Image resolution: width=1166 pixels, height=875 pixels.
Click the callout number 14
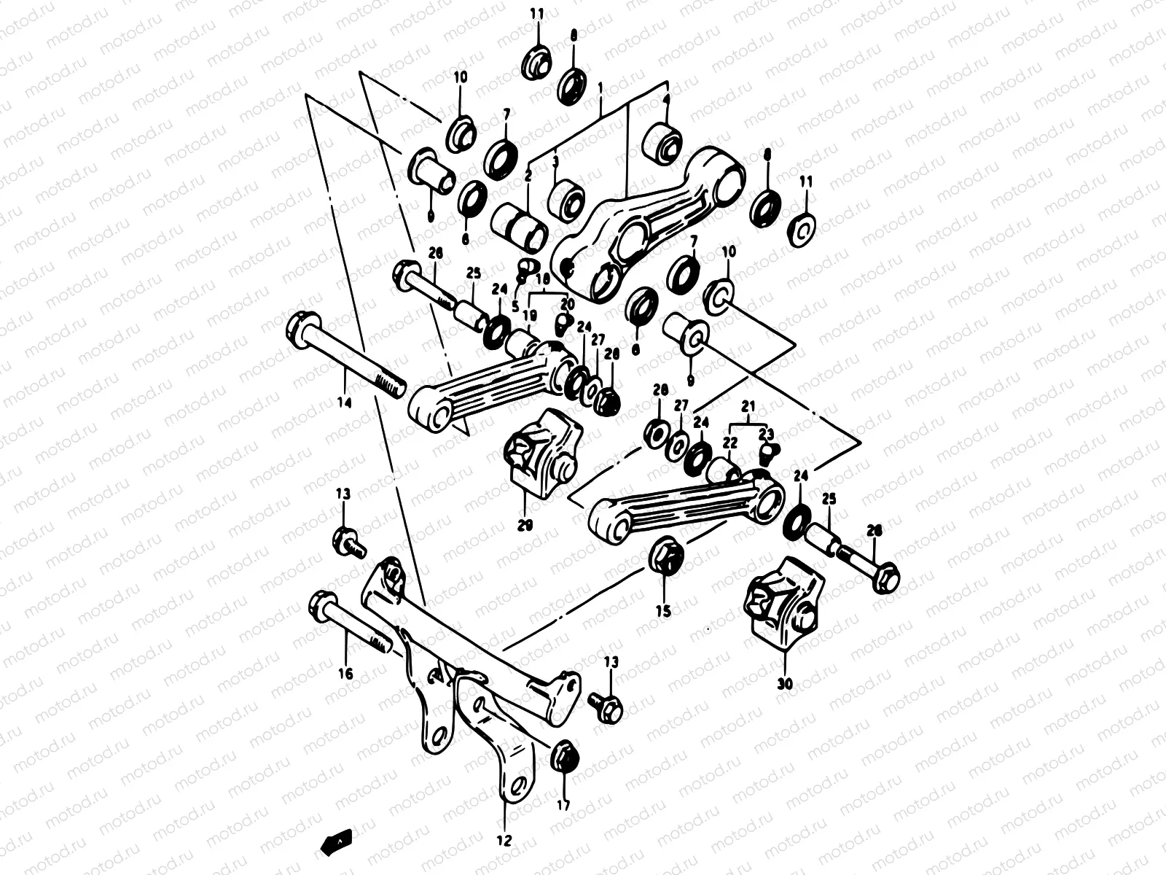click(345, 402)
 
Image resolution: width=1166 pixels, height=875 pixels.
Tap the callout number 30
click(786, 683)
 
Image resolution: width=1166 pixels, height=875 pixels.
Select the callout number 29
click(525, 524)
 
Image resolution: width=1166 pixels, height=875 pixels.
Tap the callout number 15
click(662, 612)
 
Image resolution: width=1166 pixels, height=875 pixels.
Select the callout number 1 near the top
click(600, 87)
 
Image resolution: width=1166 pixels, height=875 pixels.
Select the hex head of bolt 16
click(321, 604)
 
